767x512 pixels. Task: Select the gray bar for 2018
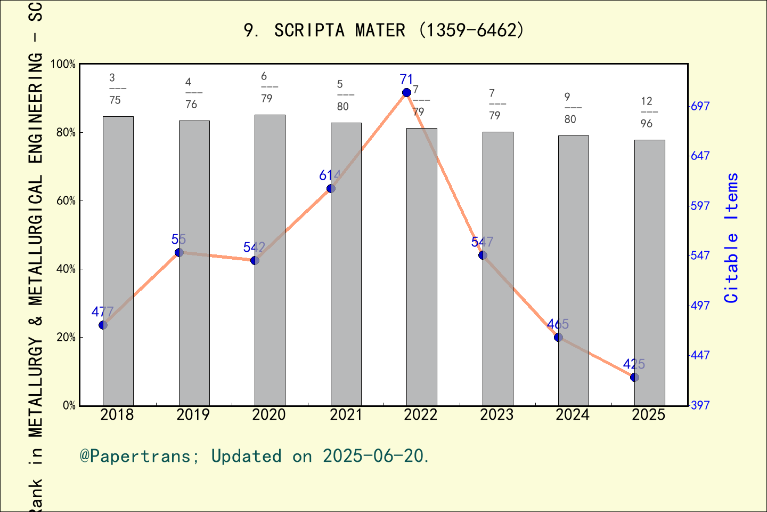(118, 261)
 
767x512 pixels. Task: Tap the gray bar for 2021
(346, 267)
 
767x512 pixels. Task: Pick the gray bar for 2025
(649, 277)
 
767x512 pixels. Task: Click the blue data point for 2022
(406, 92)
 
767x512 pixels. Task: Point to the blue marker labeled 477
(103, 325)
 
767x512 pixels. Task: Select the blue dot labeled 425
(634, 377)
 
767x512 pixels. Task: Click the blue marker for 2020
(255, 260)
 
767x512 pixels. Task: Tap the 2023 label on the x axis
(496, 415)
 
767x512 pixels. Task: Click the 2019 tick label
(193, 415)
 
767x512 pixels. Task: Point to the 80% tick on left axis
(66, 132)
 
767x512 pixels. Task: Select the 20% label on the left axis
(66, 337)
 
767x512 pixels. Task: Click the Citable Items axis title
(731, 238)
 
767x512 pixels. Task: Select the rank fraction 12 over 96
(647, 112)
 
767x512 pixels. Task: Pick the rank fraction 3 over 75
(115, 89)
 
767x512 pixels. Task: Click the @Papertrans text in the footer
(135, 456)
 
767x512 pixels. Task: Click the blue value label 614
(330, 175)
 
